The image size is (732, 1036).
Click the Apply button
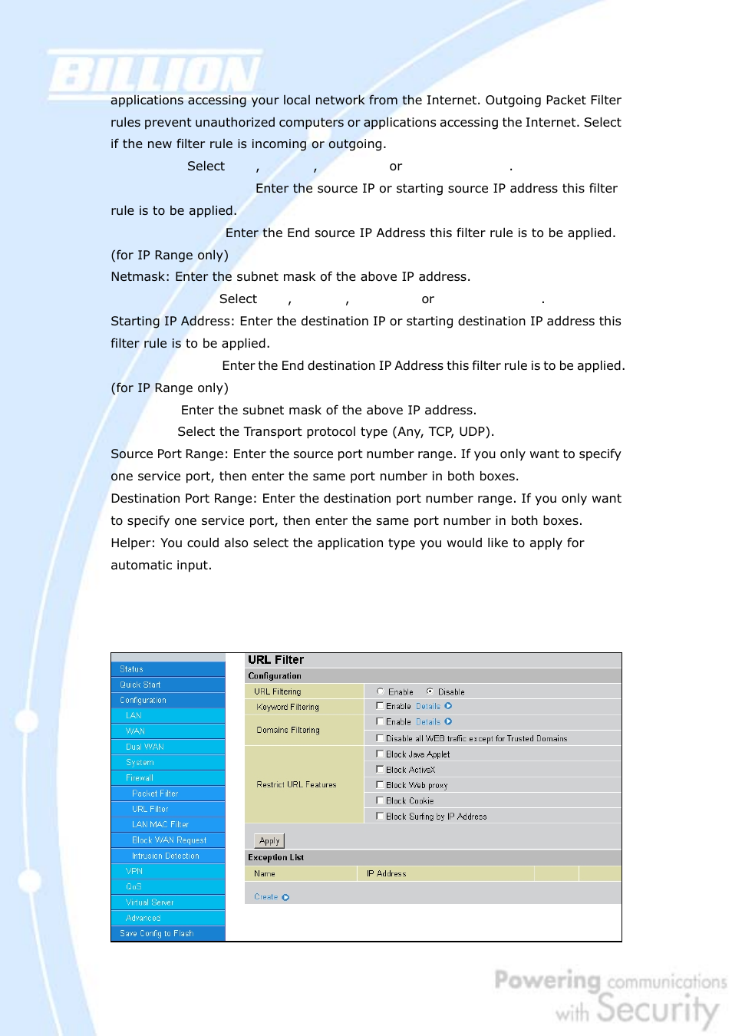(x=269, y=841)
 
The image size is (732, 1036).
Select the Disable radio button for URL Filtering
(x=430, y=691)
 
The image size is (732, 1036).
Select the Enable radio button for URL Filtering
(x=380, y=691)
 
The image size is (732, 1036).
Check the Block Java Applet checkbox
(x=380, y=754)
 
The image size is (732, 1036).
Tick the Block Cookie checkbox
(x=380, y=800)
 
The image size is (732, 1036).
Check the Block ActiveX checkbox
(x=380, y=770)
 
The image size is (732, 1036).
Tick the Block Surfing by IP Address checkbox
(x=380, y=817)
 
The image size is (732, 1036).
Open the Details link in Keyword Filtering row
(x=428, y=706)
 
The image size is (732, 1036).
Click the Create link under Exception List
(x=266, y=897)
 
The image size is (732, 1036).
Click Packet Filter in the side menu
(x=155, y=793)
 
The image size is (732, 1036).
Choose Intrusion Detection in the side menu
(x=165, y=856)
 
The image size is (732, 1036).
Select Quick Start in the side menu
(x=140, y=685)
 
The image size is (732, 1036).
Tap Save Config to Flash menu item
(x=157, y=933)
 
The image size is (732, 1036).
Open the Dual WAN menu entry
(x=145, y=747)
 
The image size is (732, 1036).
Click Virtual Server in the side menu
(x=150, y=902)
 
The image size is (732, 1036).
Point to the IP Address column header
(x=387, y=873)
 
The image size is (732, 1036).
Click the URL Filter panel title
(x=276, y=660)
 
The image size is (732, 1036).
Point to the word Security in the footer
(x=658, y=1009)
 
